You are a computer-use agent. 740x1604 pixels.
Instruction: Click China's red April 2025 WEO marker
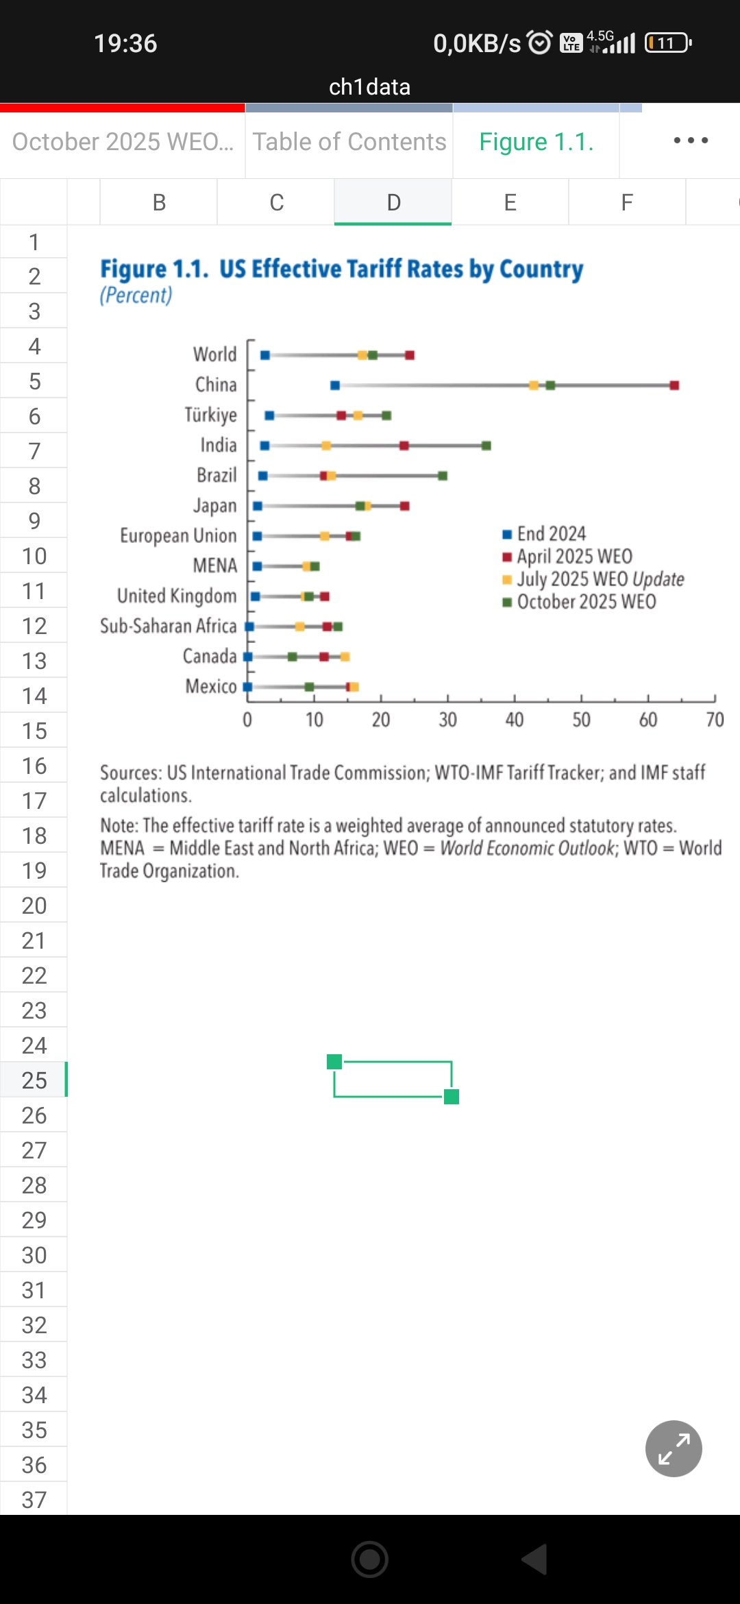(x=674, y=385)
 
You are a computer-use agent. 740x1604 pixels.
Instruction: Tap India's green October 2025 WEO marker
(x=486, y=446)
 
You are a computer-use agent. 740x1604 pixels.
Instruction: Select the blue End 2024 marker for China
(x=335, y=385)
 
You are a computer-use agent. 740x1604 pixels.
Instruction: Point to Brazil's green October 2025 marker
(x=443, y=476)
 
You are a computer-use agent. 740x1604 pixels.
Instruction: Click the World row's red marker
(x=410, y=355)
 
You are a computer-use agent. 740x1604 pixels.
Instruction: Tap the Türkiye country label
(x=210, y=415)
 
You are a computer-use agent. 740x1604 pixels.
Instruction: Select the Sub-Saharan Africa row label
(x=168, y=626)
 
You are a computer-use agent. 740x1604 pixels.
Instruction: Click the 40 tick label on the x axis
(x=515, y=720)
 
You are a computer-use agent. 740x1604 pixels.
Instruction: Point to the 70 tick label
(x=715, y=720)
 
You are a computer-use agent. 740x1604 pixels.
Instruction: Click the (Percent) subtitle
(x=136, y=295)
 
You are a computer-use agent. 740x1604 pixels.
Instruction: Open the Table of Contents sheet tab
(x=349, y=142)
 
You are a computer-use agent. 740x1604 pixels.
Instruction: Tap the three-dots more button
(x=690, y=141)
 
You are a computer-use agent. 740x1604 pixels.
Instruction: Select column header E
(x=510, y=202)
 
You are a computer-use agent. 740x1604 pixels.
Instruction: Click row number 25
(x=34, y=1080)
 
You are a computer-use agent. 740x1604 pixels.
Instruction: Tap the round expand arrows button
(x=674, y=1448)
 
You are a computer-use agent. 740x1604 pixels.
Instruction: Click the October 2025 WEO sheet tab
(x=123, y=142)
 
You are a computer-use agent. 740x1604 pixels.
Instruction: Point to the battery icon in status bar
(x=668, y=43)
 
